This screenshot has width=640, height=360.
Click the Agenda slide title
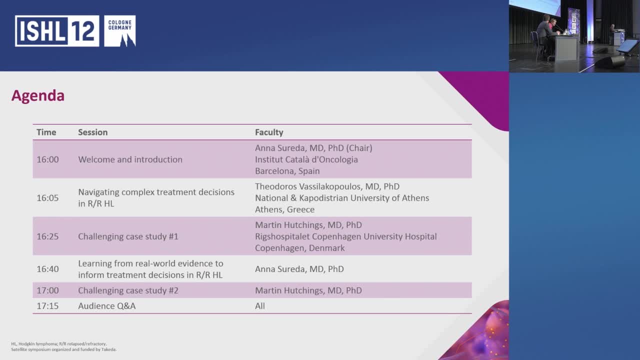click(x=38, y=95)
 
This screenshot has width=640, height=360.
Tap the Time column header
click(x=46, y=132)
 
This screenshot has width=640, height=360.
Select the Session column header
click(x=92, y=132)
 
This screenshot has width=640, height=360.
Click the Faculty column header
click(x=269, y=132)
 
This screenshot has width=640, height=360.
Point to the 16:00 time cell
click(x=47, y=159)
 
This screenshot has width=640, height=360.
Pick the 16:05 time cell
click(x=47, y=198)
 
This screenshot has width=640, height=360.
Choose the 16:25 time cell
click(x=47, y=236)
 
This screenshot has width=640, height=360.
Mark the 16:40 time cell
click(x=47, y=269)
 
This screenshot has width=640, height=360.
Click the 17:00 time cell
click(x=47, y=290)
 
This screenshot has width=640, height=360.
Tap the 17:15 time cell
click(x=47, y=306)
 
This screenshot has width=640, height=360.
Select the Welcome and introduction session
click(x=130, y=159)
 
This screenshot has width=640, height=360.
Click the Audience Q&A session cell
click(x=106, y=306)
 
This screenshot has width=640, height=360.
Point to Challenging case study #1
click(x=128, y=236)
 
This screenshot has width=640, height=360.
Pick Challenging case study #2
click(x=128, y=290)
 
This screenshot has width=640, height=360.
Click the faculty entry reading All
click(x=260, y=306)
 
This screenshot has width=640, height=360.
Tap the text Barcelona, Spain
click(x=287, y=171)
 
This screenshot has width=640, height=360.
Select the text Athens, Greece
click(x=284, y=209)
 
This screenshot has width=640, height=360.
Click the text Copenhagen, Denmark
click(x=299, y=248)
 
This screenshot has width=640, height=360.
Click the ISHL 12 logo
click(x=75, y=31)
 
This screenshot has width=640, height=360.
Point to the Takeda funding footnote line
click(x=63, y=349)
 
